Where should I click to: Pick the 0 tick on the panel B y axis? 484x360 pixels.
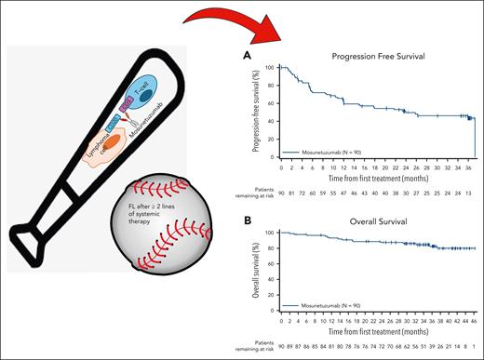click(x=274, y=313)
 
